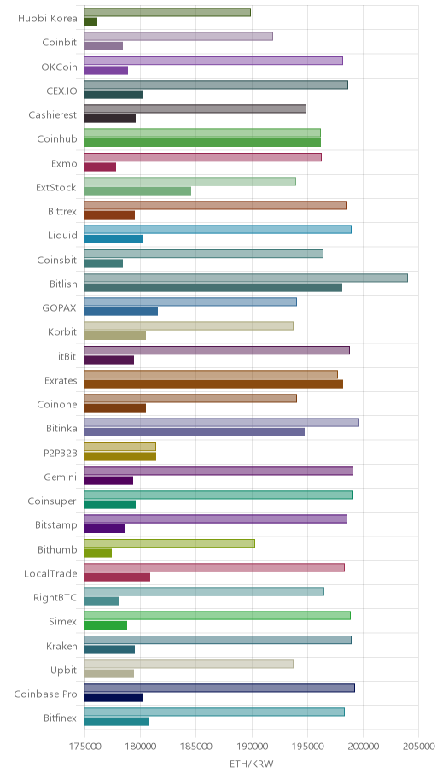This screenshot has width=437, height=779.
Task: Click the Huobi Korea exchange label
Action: point(48,19)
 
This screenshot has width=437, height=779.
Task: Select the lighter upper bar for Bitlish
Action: point(246,278)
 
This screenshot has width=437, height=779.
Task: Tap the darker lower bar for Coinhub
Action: point(202,143)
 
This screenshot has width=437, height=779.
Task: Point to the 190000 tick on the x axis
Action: point(251,747)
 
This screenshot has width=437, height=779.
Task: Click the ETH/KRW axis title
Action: point(251,764)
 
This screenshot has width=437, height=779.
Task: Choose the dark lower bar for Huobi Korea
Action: point(90,22)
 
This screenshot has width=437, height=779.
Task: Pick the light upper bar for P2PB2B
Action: point(120,447)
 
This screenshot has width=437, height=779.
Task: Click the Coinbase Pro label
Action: point(46,694)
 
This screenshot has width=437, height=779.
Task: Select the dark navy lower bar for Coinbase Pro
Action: point(114,698)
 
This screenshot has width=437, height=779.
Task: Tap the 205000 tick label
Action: point(418,747)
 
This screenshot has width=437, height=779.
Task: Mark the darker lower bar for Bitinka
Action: point(194,432)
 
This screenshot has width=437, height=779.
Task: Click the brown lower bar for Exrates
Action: point(213,384)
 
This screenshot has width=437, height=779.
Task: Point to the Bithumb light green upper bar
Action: point(169,543)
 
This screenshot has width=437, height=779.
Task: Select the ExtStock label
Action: point(56,187)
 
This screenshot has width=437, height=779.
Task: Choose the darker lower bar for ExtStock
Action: point(137,191)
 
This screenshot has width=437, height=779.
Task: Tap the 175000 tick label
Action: point(84,747)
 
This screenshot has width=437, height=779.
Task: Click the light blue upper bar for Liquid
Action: point(218,230)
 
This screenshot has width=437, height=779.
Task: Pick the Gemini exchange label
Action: point(60,477)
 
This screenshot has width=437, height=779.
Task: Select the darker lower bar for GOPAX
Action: point(121,312)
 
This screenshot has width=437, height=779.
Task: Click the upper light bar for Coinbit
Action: point(178,36)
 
